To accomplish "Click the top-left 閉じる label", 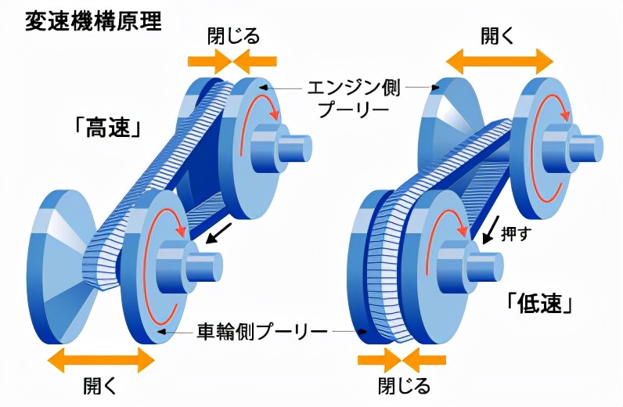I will (x=233, y=35).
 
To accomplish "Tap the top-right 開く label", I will (x=498, y=35).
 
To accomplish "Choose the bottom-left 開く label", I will (x=100, y=386).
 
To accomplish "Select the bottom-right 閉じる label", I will (x=404, y=386).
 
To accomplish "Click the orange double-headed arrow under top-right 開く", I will (x=499, y=60).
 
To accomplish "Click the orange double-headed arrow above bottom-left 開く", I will (x=101, y=360).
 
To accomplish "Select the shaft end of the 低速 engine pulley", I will (x=591, y=148).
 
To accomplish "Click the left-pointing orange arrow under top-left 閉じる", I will (x=255, y=60).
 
